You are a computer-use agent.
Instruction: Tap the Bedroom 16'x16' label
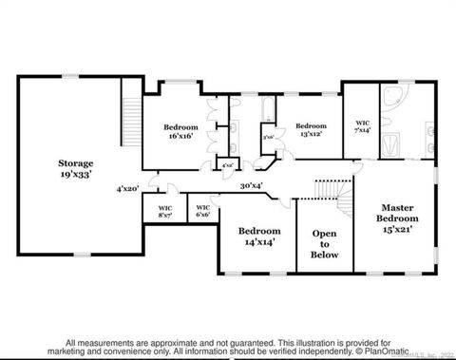tap(180, 131)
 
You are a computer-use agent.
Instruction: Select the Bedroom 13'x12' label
tap(310, 130)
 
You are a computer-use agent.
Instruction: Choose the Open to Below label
tap(318, 242)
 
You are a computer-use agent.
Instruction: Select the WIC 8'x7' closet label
tap(165, 211)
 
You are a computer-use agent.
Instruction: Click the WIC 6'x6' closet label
tap(202, 211)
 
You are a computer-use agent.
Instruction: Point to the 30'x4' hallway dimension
tap(253, 186)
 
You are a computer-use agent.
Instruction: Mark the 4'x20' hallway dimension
tap(128, 188)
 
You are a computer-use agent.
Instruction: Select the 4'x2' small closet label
tap(228, 166)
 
